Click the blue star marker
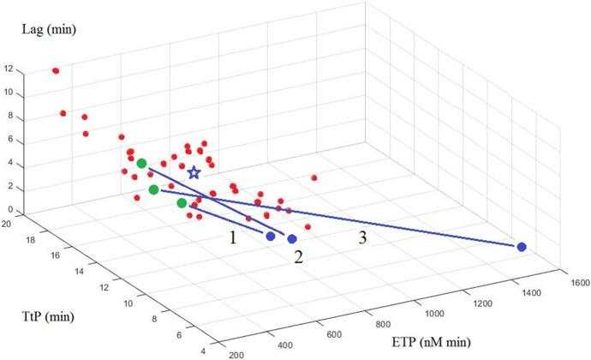194,173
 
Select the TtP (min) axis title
45,318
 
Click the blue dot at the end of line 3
521,247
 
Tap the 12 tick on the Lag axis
8,69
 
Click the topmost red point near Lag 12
56,70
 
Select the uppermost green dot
141,163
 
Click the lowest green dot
182,203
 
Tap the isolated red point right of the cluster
314,177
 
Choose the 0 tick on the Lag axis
9,209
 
